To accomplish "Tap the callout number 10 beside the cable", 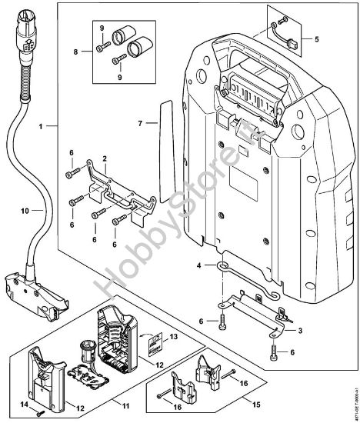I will pyautogui.click(x=25, y=210).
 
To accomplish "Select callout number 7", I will pyautogui.click(x=139, y=123).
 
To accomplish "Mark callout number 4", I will pyautogui.click(x=198, y=265).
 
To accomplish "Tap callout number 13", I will pyautogui.click(x=172, y=336).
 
